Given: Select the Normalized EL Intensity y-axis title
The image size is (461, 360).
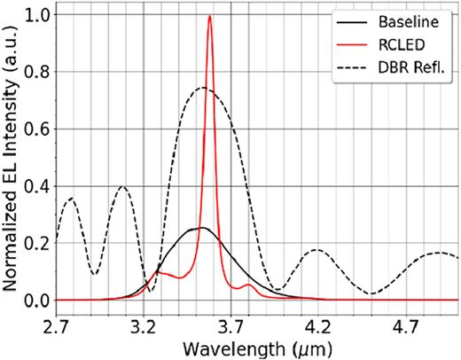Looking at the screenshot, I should pos(12,155).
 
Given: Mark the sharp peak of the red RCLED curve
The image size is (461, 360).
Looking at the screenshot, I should pos(209,16).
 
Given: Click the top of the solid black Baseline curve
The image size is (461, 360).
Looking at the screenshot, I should pos(200,228).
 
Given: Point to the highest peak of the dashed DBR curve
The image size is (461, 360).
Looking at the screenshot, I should pos(203,88).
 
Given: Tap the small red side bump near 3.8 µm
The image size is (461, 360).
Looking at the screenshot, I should pos(248,286).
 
